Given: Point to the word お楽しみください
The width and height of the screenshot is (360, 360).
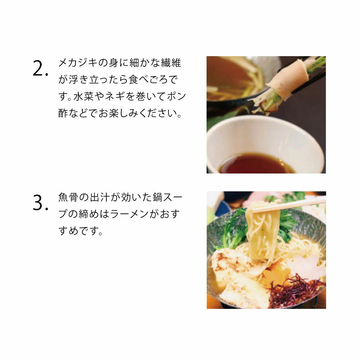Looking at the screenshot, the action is click(138, 113).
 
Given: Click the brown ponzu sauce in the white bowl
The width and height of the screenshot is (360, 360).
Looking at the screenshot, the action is click(256, 164).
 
